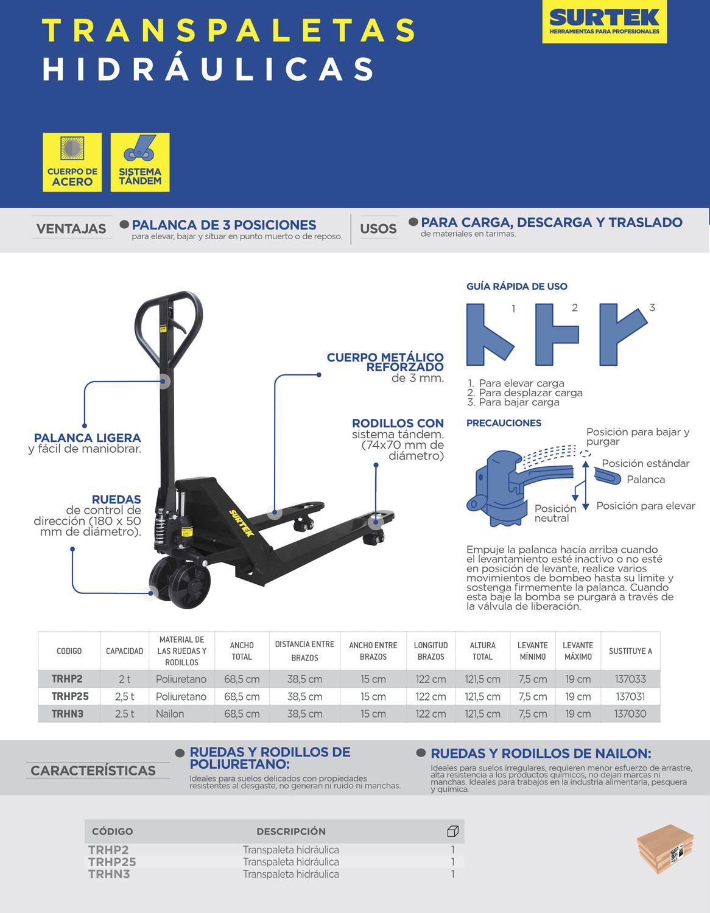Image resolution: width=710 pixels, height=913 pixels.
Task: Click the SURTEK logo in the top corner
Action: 604,21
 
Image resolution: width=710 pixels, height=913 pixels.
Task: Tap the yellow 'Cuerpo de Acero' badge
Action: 72,162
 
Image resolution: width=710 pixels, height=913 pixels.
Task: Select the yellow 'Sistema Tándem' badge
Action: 140,162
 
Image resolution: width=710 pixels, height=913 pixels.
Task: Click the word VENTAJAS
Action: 71,229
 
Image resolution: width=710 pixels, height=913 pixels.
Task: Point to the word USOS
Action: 378,229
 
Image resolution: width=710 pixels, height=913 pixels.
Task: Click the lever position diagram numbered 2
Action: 557,334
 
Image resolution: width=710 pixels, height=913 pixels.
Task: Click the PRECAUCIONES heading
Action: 504,423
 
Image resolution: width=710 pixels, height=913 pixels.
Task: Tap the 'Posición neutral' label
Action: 555,513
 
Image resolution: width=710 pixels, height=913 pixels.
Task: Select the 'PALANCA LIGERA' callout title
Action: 88,438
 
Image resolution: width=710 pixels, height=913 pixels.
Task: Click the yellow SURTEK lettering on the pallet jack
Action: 242,523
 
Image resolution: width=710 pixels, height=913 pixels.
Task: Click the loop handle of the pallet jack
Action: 168,326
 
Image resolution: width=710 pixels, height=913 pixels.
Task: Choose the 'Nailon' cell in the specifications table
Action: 170,714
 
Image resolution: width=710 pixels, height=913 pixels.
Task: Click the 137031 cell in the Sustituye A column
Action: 630,697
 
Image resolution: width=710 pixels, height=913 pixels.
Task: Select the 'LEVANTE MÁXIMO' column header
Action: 578,651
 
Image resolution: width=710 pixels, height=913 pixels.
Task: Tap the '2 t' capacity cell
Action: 124,679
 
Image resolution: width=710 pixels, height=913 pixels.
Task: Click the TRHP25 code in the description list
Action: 112,862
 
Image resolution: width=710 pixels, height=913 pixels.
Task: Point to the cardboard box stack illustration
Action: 665,848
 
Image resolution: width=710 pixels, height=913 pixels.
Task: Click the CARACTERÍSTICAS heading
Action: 93,771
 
